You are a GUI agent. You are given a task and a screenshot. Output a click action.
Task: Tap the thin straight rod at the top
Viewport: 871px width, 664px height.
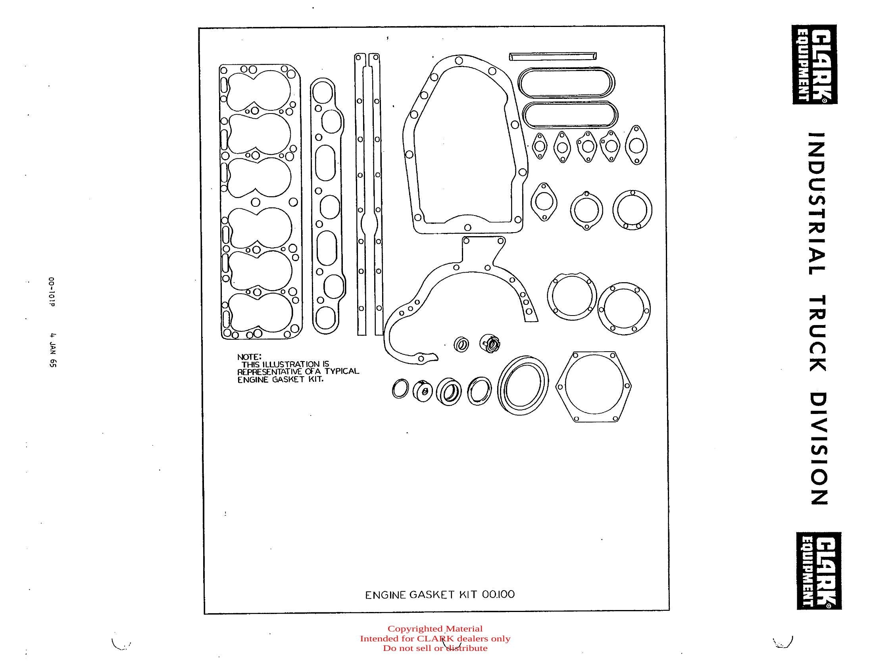[553, 56]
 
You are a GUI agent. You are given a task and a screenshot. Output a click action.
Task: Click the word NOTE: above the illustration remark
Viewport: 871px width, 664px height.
[249, 357]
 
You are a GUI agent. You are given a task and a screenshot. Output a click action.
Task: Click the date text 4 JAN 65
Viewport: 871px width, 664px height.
[52, 349]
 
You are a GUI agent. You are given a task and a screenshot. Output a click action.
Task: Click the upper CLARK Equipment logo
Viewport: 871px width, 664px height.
[815, 65]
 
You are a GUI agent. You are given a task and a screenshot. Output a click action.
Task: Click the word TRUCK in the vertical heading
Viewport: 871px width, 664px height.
[818, 333]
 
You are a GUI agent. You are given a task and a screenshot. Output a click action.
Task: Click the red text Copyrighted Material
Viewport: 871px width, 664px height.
[435, 629]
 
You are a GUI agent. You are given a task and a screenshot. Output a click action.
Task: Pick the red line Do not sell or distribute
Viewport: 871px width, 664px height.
[435, 648]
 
